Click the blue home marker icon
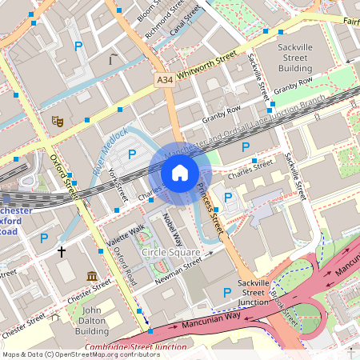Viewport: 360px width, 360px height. [180, 173]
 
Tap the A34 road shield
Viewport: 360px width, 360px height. [164, 80]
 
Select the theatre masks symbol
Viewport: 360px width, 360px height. [57, 121]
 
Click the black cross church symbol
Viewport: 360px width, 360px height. [62, 251]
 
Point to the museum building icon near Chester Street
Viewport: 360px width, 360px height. [90, 276]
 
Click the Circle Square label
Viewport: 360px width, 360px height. [170, 253]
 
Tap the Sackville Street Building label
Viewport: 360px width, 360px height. [295, 58]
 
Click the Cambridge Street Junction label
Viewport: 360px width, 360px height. [135, 347]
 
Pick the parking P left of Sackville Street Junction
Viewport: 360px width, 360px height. [227, 293]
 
